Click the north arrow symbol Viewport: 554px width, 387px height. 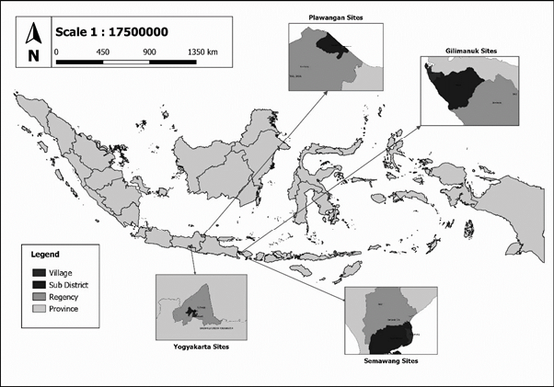pos(33,34)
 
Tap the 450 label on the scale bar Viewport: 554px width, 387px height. pos(103,52)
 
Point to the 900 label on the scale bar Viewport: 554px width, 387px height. pos(149,52)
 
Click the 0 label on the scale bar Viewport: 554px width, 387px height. pos(57,52)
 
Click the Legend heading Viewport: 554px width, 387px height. pos(45,253)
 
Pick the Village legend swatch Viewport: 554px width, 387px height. pos(40,272)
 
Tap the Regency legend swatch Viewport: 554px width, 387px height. pos(40,296)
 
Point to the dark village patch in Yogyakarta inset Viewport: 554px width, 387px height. pos(191,313)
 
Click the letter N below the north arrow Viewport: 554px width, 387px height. pos(33,56)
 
